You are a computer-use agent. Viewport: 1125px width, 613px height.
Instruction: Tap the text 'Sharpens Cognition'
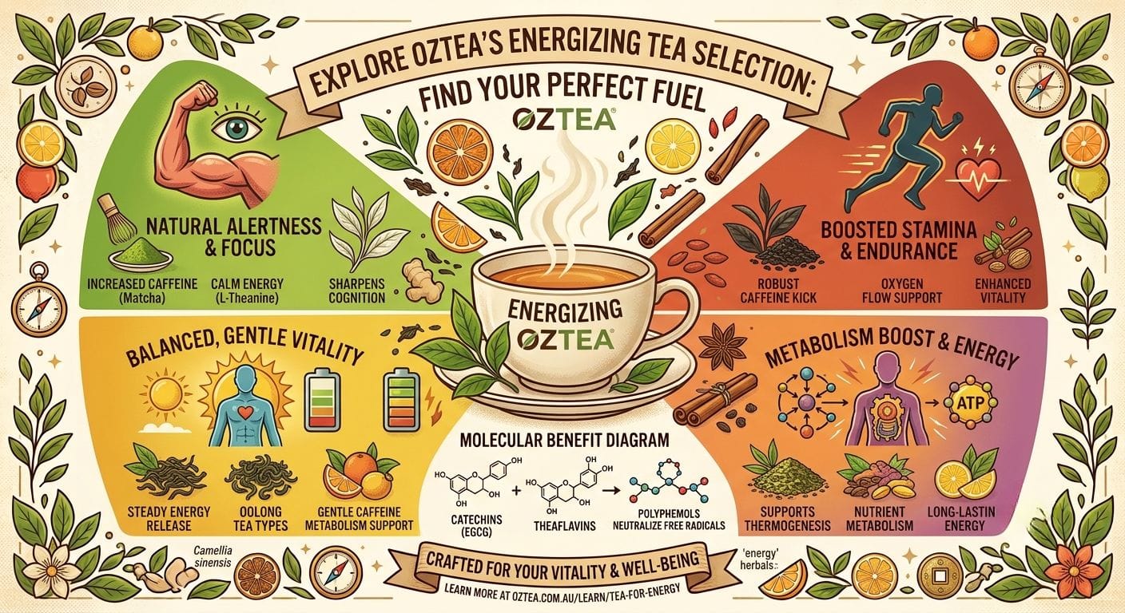coord(356,291)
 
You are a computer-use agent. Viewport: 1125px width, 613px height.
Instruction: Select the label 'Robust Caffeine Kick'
coord(778,291)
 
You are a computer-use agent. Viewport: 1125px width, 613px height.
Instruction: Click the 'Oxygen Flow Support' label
coord(901,291)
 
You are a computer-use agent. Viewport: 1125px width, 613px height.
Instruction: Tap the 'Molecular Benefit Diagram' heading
coord(564,440)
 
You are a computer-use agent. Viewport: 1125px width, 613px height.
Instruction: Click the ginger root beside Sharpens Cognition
coord(416,278)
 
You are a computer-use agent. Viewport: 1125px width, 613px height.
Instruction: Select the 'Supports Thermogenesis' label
coord(788,519)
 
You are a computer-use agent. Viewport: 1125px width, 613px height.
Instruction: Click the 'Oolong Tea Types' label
coord(260,519)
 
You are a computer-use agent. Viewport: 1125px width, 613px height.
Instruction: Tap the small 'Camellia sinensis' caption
coord(212,557)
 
